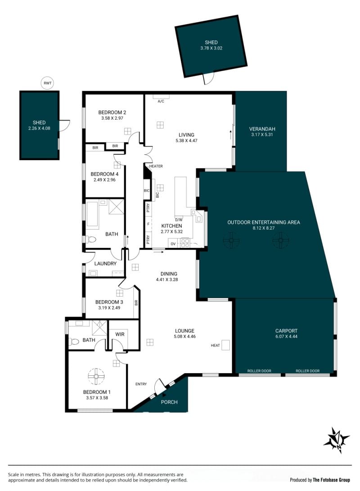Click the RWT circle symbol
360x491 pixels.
[48, 83]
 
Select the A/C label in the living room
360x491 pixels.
[161, 101]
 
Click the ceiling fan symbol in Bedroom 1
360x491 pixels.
[96, 376]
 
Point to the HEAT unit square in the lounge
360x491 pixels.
[225, 345]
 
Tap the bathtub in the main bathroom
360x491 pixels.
[92, 214]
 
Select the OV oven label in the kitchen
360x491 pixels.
[173, 243]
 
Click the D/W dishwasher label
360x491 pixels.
[179, 220]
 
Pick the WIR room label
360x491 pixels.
[120, 334]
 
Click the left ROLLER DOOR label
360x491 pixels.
[259, 371]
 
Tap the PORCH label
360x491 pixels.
[169, 402]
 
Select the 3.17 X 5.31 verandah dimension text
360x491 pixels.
[262, 135]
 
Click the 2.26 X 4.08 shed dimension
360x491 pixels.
[39, 128]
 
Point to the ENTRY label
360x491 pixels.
[141, 384]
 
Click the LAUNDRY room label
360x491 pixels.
[105, 264]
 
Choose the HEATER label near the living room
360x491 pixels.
[156, 166]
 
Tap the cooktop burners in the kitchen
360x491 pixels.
[185, 243]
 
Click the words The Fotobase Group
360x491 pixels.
[332, 480]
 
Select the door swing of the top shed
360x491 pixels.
[209, 78]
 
